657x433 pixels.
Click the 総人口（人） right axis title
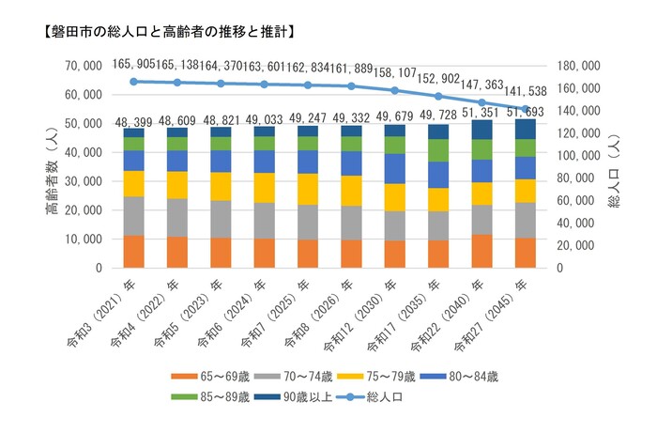pos(616,166)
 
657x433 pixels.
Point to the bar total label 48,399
pos(133,122)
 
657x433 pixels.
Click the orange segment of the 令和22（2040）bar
pos(481,251)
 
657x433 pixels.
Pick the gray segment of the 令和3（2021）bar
pos(133,216)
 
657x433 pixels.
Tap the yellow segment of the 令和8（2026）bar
pos(351,191)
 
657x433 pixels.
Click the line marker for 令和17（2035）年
pos(438,96)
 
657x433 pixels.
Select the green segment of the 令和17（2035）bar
pos(438,150)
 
